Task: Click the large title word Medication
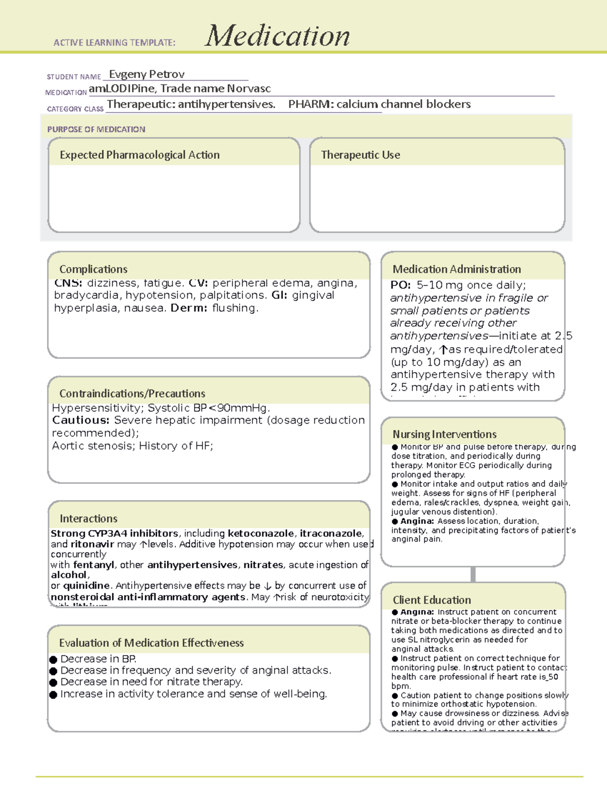[277, 36]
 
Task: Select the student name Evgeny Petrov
[147, 74]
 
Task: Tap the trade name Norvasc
[249, 89]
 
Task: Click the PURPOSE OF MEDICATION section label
[96, 130]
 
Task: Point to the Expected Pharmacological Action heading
[140, 155]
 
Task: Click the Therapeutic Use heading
[360, 155]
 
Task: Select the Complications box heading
[93, 269]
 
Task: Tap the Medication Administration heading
[456, 269]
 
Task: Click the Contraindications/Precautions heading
[132, 394]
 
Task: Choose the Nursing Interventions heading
[444, 434]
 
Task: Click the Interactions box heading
[89, 519]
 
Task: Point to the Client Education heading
[431, 600]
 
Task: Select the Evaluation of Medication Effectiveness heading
[151, 643]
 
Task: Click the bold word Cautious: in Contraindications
[81, 420]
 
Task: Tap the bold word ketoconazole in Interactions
[261, 533]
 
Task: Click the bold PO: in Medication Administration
[401, 285]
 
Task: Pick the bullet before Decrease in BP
[53, 659]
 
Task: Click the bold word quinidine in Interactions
[86, 586]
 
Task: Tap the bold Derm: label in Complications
[189, 308]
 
